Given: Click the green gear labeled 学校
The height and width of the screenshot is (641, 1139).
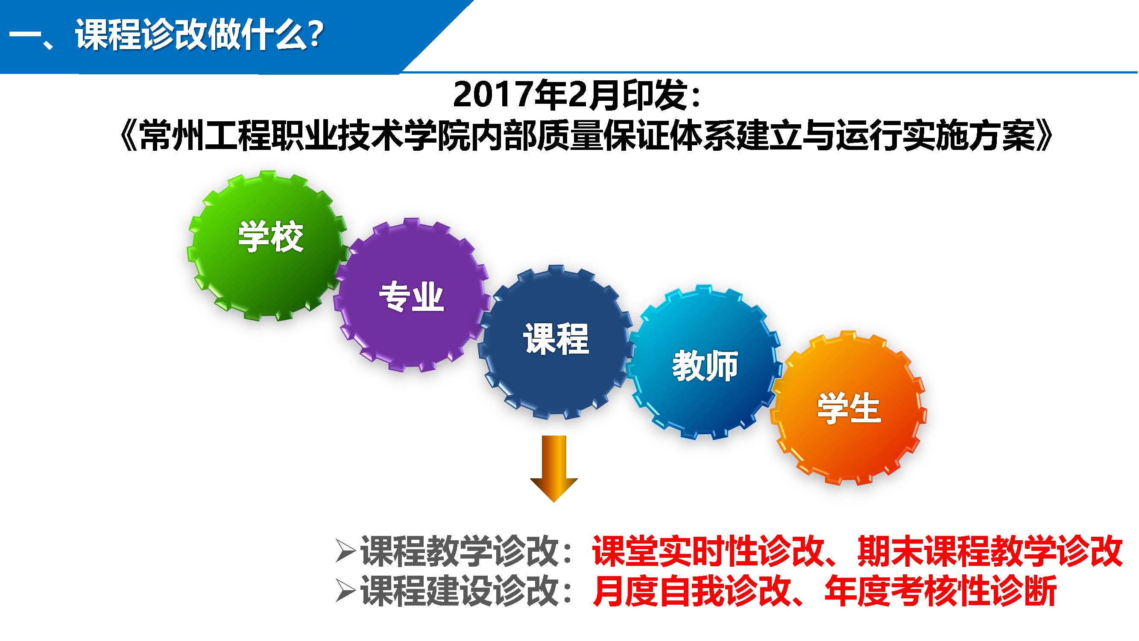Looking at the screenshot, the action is (x=268, y=246).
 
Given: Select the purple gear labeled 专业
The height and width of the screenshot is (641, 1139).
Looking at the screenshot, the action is (x=412, y=295).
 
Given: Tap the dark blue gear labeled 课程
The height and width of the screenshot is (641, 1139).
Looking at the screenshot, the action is (x=556, y=342).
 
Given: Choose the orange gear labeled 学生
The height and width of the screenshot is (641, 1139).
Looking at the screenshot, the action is (x=849, y=410).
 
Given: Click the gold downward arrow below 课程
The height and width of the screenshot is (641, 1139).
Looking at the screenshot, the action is (x=554, y=468).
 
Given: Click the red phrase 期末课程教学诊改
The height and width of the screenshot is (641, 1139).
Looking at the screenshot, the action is (x=990, y=551).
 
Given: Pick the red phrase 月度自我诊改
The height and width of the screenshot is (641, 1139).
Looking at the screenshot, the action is (x=691, y=591).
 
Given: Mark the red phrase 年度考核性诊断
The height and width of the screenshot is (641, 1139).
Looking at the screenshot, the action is (x=940, y=591).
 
